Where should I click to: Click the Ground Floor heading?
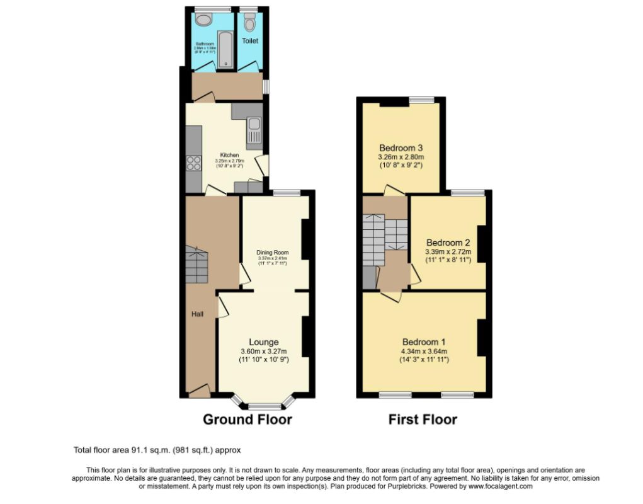[247, 420]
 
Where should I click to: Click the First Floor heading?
[423, 420]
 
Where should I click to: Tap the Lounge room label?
[263, 342]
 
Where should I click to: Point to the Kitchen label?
[229, 155]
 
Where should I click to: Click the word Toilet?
[250, 41]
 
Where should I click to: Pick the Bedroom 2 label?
[448, 243]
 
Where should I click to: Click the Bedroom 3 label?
[401, 147]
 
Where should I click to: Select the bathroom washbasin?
[203, 20]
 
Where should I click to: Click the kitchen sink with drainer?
[254, 131]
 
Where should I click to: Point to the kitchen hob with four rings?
[193, 163]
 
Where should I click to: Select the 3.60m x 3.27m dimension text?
[263, 352]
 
